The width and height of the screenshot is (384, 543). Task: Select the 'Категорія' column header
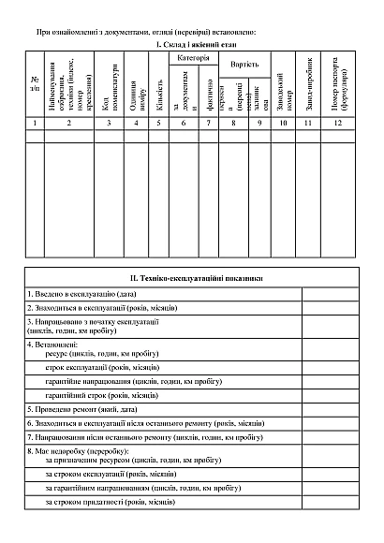(x=194, y=58)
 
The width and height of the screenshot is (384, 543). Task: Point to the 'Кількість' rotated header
(x=160, y=84)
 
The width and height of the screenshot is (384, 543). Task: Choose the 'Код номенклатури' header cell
(x=109, y=84)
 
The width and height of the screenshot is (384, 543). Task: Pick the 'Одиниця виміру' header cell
(x=136, y=84)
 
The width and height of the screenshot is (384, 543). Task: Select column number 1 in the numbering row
(x=34, y=123)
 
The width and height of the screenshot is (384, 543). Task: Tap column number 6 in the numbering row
(x=184, y=123)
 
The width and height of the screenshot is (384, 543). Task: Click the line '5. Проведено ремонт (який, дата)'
(x=85, y=409)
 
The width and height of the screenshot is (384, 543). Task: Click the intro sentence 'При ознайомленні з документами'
(x=145, y=32)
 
